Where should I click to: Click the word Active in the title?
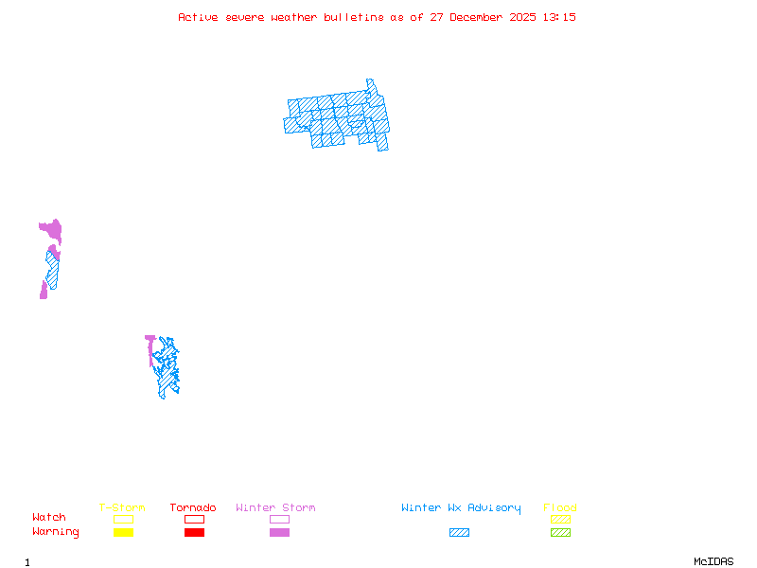tap(198, 17)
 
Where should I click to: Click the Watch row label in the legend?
tap(49, 518)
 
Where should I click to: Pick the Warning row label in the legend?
tap(56, 532)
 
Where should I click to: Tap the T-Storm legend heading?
tap(122, 508)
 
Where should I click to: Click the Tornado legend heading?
tap(193, 508)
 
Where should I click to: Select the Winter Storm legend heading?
tap(275, 508)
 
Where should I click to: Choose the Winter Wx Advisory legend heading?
tap(461, 508)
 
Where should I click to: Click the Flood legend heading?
tap(560, 508)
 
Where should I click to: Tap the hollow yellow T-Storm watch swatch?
tap(123, 519)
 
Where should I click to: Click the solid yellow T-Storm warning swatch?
tap(123, 532)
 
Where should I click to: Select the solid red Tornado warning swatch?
tap(194, 532)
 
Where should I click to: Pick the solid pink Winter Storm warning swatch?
tap(279, 532)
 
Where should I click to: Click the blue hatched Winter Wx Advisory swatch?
tap(459, 532)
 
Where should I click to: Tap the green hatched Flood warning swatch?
tap(560, 532)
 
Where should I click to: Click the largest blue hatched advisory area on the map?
tap(338, 118)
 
